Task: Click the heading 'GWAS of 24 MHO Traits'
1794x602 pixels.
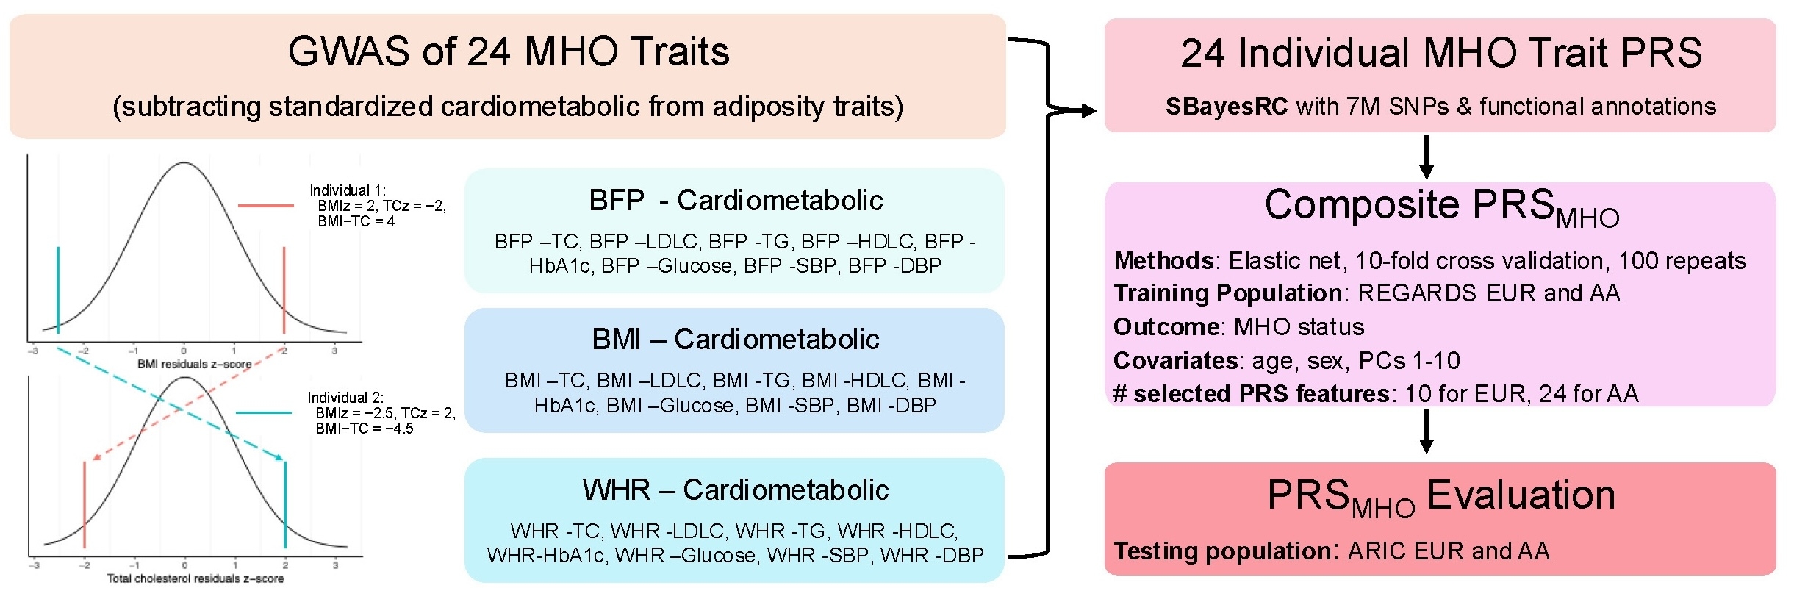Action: [x=508, y=52]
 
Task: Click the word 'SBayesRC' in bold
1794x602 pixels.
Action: [x=1226, y=107]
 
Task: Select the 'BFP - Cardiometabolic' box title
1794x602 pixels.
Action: [x=735, y=201]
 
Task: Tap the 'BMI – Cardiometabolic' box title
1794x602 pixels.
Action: [x=735, y=340]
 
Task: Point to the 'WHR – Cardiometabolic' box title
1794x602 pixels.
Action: [x=735, y=490]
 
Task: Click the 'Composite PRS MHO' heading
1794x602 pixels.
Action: [x=1440, y=207]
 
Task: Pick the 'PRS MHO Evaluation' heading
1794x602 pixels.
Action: [x=1440, y=497]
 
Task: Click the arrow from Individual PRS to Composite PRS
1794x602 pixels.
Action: [x=1427, y=157]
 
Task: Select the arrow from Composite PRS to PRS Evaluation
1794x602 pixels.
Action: [x=1427, y=431]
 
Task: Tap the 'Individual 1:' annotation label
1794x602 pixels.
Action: [x=348, y=190]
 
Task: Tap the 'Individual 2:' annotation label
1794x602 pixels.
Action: [x=345, y=398]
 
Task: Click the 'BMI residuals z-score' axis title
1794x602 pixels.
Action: [x=194, y=364]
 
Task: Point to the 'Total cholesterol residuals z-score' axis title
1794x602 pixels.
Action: [x=195, y=578]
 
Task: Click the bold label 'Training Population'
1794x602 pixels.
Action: [x=1228, y=293]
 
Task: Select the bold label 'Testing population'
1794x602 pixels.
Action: [x=1223, y=551]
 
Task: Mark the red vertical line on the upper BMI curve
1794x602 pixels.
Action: [x=284, y=290]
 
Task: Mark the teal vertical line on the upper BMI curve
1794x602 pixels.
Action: [x=58, y=290]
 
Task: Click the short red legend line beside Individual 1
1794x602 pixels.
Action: [x=266, y=206]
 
